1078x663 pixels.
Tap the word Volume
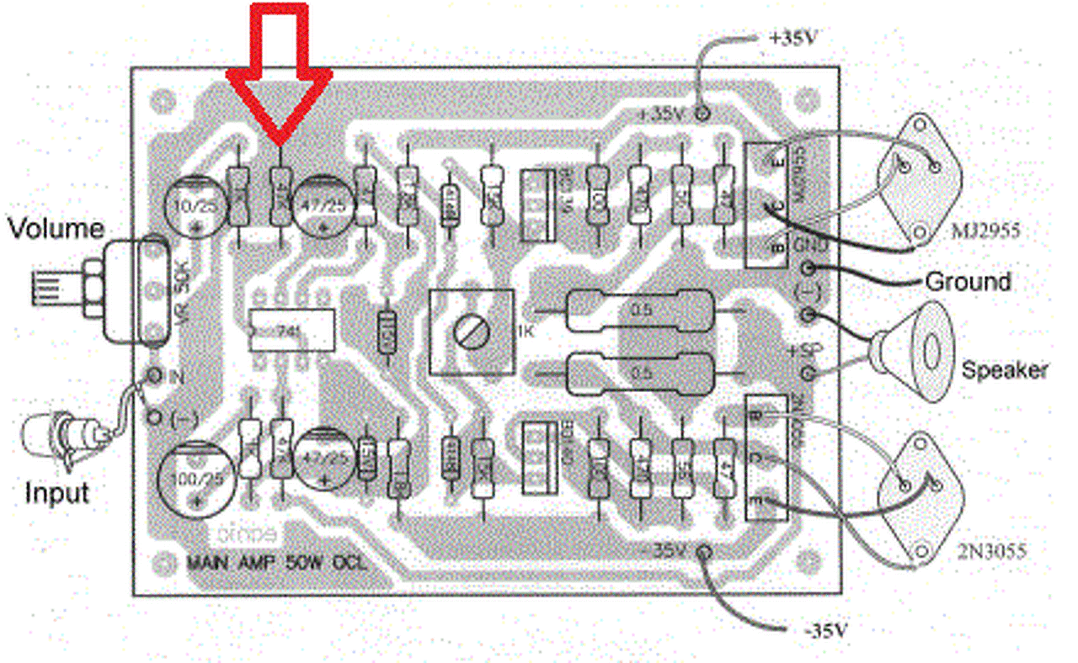click(56, 229)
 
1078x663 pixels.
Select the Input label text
click(56, 492)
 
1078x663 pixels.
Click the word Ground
click(968, 281)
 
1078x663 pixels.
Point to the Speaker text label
click(1005, 369)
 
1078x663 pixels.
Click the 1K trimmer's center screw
click(470, 331)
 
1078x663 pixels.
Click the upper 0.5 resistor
click(643, 310)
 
